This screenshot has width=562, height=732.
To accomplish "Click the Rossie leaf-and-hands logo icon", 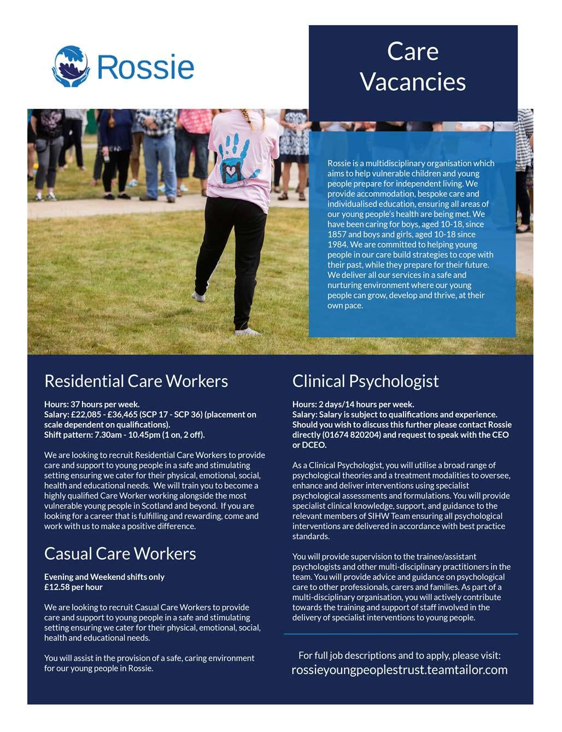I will coord(71,67).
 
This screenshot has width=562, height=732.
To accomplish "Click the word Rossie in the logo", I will coord(145,67).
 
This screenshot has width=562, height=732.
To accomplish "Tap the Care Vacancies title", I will coord(413,67).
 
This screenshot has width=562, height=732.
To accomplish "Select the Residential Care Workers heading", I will coord(136,381).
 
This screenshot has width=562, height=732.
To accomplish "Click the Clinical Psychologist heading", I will coord(365,381).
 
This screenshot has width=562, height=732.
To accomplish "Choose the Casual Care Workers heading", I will coord(120,554).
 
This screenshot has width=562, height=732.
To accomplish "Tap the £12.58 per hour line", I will coord(73,587).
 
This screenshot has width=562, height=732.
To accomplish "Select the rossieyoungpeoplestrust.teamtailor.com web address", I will coord(400,670).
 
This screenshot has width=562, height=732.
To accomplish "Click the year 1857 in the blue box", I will coord(337,235).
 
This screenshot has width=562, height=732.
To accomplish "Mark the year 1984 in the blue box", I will coord(337,244).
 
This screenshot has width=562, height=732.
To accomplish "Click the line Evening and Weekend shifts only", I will coord(104,577).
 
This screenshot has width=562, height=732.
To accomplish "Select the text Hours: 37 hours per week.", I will coord(92,405).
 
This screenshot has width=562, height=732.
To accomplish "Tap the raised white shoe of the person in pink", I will coord(198,297).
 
